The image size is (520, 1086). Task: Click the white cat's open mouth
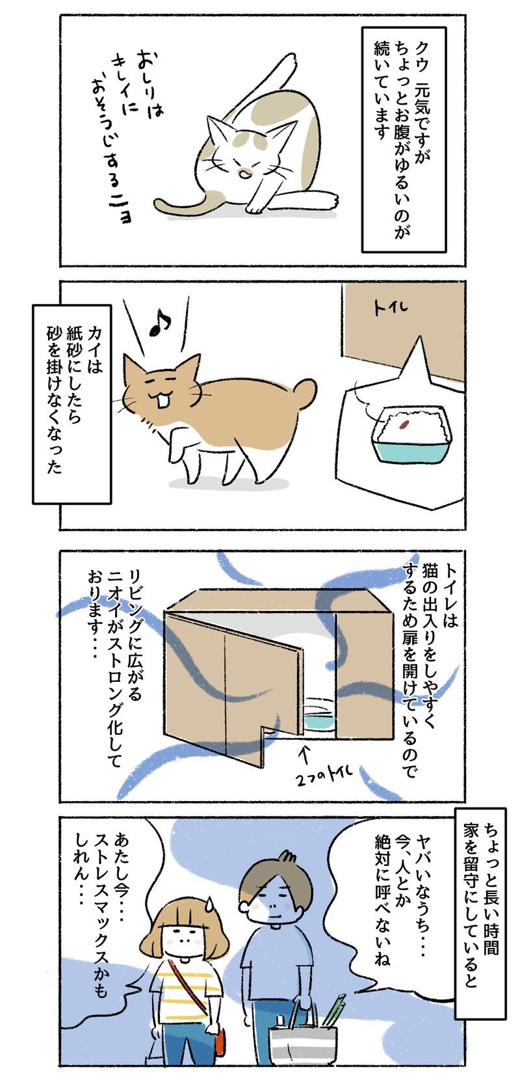(x=245, y=173)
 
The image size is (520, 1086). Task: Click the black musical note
(x=160, y=323)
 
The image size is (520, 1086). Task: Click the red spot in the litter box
(x=402, y=425)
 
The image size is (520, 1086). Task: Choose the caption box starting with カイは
(x=71, y=404)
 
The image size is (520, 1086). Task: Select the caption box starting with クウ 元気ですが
(x=404, y=140)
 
